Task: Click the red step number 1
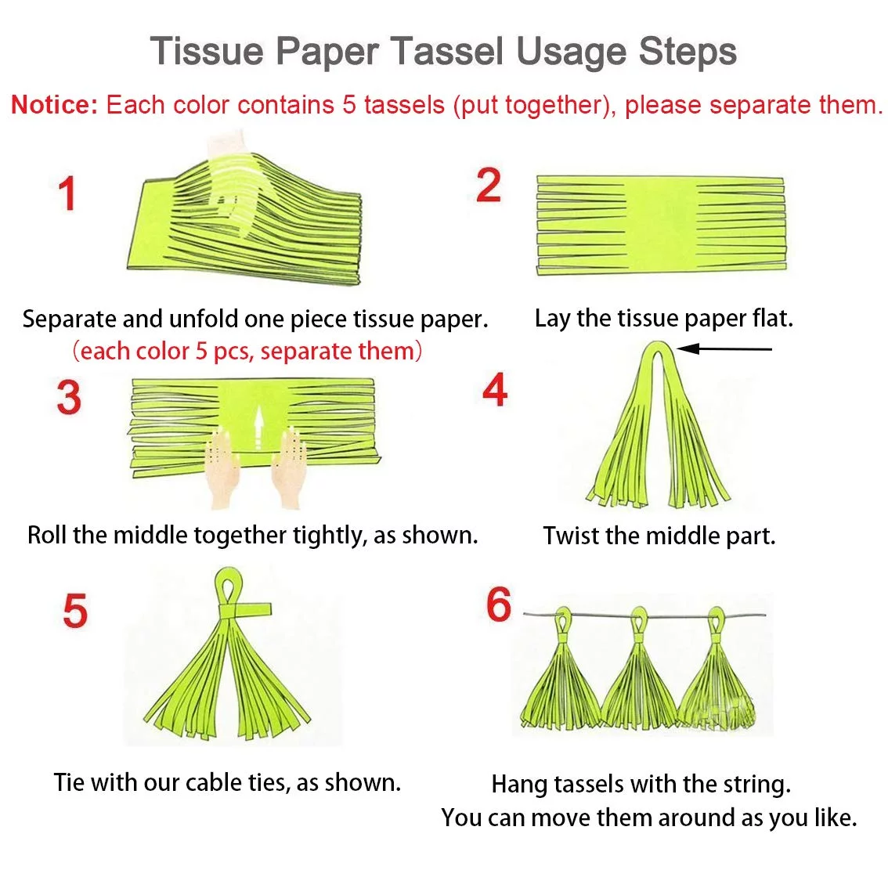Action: pos(67,193)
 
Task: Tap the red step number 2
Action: pos(488,185)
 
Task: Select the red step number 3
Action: pos(69,397)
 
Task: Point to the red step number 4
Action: pos(494,390)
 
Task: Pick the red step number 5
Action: pos(75,611)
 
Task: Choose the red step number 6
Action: pos(498,605)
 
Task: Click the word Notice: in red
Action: pos(54,105)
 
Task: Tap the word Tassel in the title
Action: pos(446,51)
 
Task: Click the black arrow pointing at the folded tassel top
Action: pos(724,349)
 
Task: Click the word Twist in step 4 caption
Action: pos(571,536)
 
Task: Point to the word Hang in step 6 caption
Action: pos(519,785)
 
